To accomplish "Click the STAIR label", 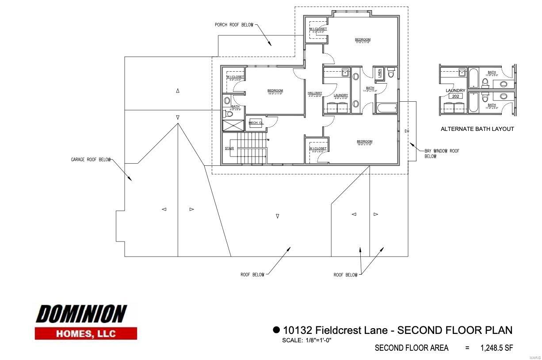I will [x=229, y=148].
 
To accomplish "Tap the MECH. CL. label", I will [x=256, y=123].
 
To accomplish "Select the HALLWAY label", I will [x=315, y=93].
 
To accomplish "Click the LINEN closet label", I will [x=379, y=74].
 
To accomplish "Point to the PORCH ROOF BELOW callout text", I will [x=234, y=25].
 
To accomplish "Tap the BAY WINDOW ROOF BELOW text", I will [x=442, y=153].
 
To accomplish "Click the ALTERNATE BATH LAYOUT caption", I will [x=477, y=129].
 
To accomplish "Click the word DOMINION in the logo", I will [x=81, y=314].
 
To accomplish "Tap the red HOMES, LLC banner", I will [x=86, y=333].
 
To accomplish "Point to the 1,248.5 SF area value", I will [x=496, y=348].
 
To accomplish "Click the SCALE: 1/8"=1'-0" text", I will [x=306, y=340].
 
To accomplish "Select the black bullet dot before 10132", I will [x=276, y=329].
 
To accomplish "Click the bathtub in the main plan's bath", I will [x=387, y=107].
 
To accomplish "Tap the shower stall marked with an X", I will [x=233, y=125].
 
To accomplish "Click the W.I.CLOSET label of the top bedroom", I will [x=318, y=29].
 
